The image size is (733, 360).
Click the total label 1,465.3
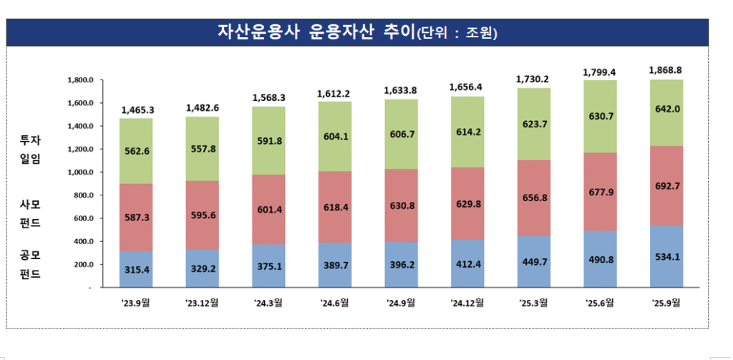(136, 110)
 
